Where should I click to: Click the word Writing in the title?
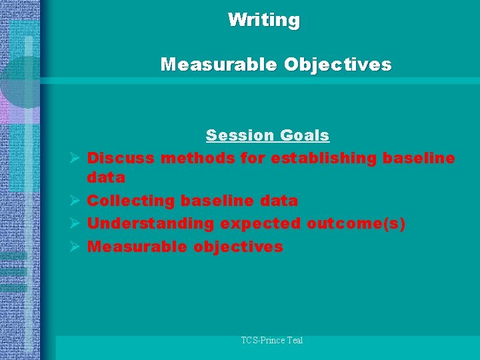[264, 20]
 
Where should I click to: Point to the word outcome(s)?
[356, 223]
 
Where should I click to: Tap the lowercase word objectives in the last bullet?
[239, 247]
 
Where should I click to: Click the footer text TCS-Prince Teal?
[272, 341]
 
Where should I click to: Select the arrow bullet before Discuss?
[75, 159]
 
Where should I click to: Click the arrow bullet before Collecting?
[75, 201]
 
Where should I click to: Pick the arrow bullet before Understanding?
[75, 224]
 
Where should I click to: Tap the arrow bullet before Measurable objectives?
[75, 247]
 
